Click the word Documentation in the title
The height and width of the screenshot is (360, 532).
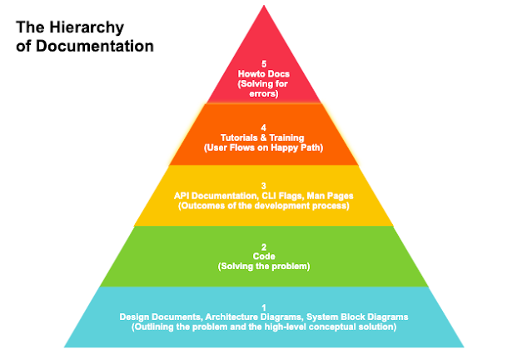[92, 46]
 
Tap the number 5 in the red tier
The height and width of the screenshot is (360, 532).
[266, 64]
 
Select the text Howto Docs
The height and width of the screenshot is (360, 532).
[266, 74]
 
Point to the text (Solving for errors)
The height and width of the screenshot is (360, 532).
[266, 89]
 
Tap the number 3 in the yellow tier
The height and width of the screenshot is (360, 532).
[265, 185]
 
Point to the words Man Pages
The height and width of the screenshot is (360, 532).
[331, 195]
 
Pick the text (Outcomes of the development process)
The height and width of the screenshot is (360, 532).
[265, 205]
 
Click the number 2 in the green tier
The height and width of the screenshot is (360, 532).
[265, 247]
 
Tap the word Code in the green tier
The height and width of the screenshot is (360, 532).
[265, 257]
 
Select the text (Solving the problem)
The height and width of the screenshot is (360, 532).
[265, 267]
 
